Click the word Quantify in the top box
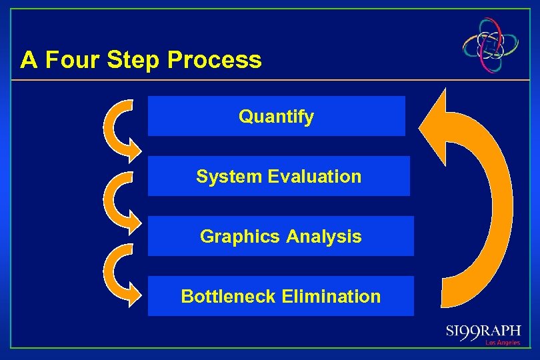tap(276, 117)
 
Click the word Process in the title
tap(214, 60)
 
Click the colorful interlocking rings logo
tap(492, 45)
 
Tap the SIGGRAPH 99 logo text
tap(483, 332)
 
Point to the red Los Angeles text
tap(503, 343)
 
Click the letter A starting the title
tap(28, 60)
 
